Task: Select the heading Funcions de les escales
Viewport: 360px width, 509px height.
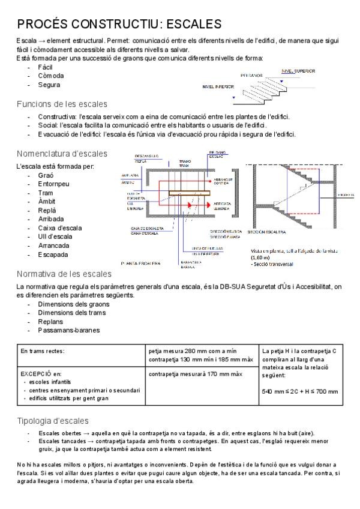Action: (62, 104)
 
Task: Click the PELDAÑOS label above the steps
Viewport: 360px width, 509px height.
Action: (251, 76)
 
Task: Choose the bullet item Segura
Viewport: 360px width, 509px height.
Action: (49, 85)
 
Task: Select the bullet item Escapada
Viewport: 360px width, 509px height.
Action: (53, 254)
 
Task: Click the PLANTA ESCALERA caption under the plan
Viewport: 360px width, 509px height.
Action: (140, 263)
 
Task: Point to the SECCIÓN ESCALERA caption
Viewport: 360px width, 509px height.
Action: (265, 231)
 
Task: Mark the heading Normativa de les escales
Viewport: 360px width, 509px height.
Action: (64, 274)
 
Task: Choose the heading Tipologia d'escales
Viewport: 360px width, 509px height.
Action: (53, 420)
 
